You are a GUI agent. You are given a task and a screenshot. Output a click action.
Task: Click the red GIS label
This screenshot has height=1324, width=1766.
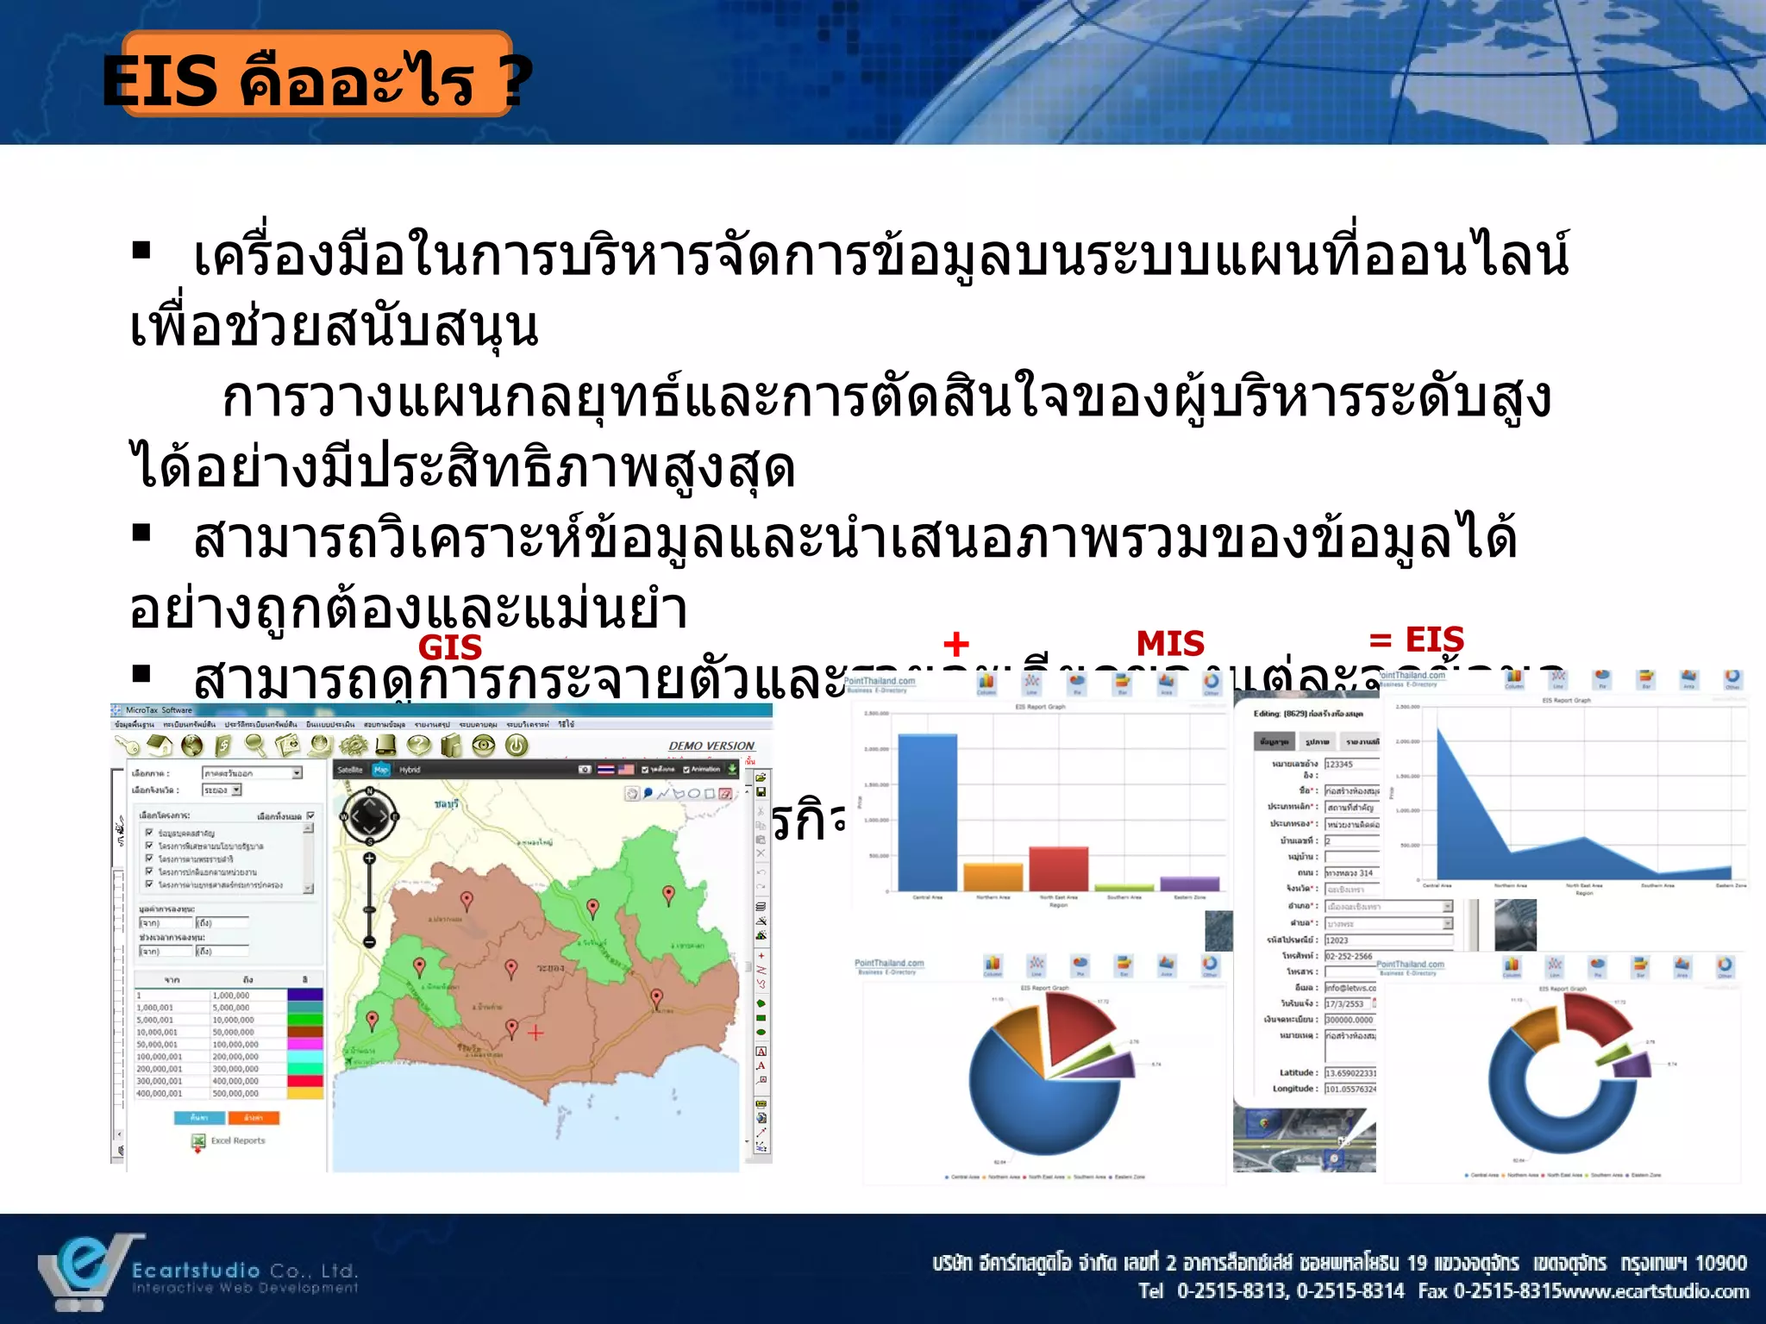pyautogui.click(x=449, y=646)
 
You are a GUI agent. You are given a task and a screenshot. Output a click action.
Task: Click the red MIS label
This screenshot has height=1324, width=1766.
pyautogui.click(x=1169, y=644)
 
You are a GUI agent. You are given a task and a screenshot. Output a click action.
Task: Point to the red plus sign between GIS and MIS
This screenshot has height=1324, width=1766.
pyautogui.click(x=955, y=644)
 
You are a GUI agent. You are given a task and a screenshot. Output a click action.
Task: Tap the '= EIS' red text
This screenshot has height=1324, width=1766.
pyautogui.click(x=1417, y=640)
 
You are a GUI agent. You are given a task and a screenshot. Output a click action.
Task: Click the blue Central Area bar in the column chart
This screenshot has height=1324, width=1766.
pyautogui.click(x=927, y=811)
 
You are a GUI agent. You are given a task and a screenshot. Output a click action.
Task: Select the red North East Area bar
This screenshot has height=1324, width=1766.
pyautogui.click(x=1058, y=868)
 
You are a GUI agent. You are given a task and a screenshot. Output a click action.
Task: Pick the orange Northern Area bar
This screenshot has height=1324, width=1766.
pyautogui.click(x=993, y=877)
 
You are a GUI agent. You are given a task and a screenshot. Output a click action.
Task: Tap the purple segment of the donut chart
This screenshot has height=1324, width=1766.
pyautogui.click(x=1631, y=1065)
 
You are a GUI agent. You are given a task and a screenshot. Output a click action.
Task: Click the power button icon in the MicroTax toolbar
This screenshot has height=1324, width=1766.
pyautogui.click(x=517, y=746)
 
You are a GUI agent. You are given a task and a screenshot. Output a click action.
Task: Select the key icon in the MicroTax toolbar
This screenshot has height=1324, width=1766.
pyautogui.click(x=128, y=746)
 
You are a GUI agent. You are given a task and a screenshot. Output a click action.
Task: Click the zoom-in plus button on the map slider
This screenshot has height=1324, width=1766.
pyautogui.click(x=369, y=858)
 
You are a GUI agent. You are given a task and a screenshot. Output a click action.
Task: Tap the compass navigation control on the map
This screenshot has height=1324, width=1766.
pyautogui.click(x=369, y=815)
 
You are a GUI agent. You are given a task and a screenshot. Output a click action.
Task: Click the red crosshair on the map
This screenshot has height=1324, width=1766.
pyautogui.click(x=535, y=1033)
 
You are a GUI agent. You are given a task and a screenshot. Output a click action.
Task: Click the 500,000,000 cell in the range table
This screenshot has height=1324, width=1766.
pyautogui.click(x=235, y=1093)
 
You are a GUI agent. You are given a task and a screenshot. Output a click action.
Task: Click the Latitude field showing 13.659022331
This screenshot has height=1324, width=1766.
pyautogui.click(x=1350, y=1073)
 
